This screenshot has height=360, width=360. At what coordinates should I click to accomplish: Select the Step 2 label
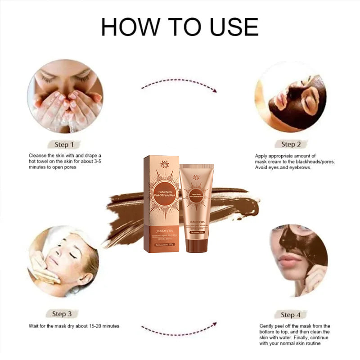(291, 144)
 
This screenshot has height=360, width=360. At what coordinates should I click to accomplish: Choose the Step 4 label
(291, 315)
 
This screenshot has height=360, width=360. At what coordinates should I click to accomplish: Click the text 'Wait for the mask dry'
(56, 326)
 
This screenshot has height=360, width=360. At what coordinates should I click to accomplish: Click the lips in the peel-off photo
(287, 260)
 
